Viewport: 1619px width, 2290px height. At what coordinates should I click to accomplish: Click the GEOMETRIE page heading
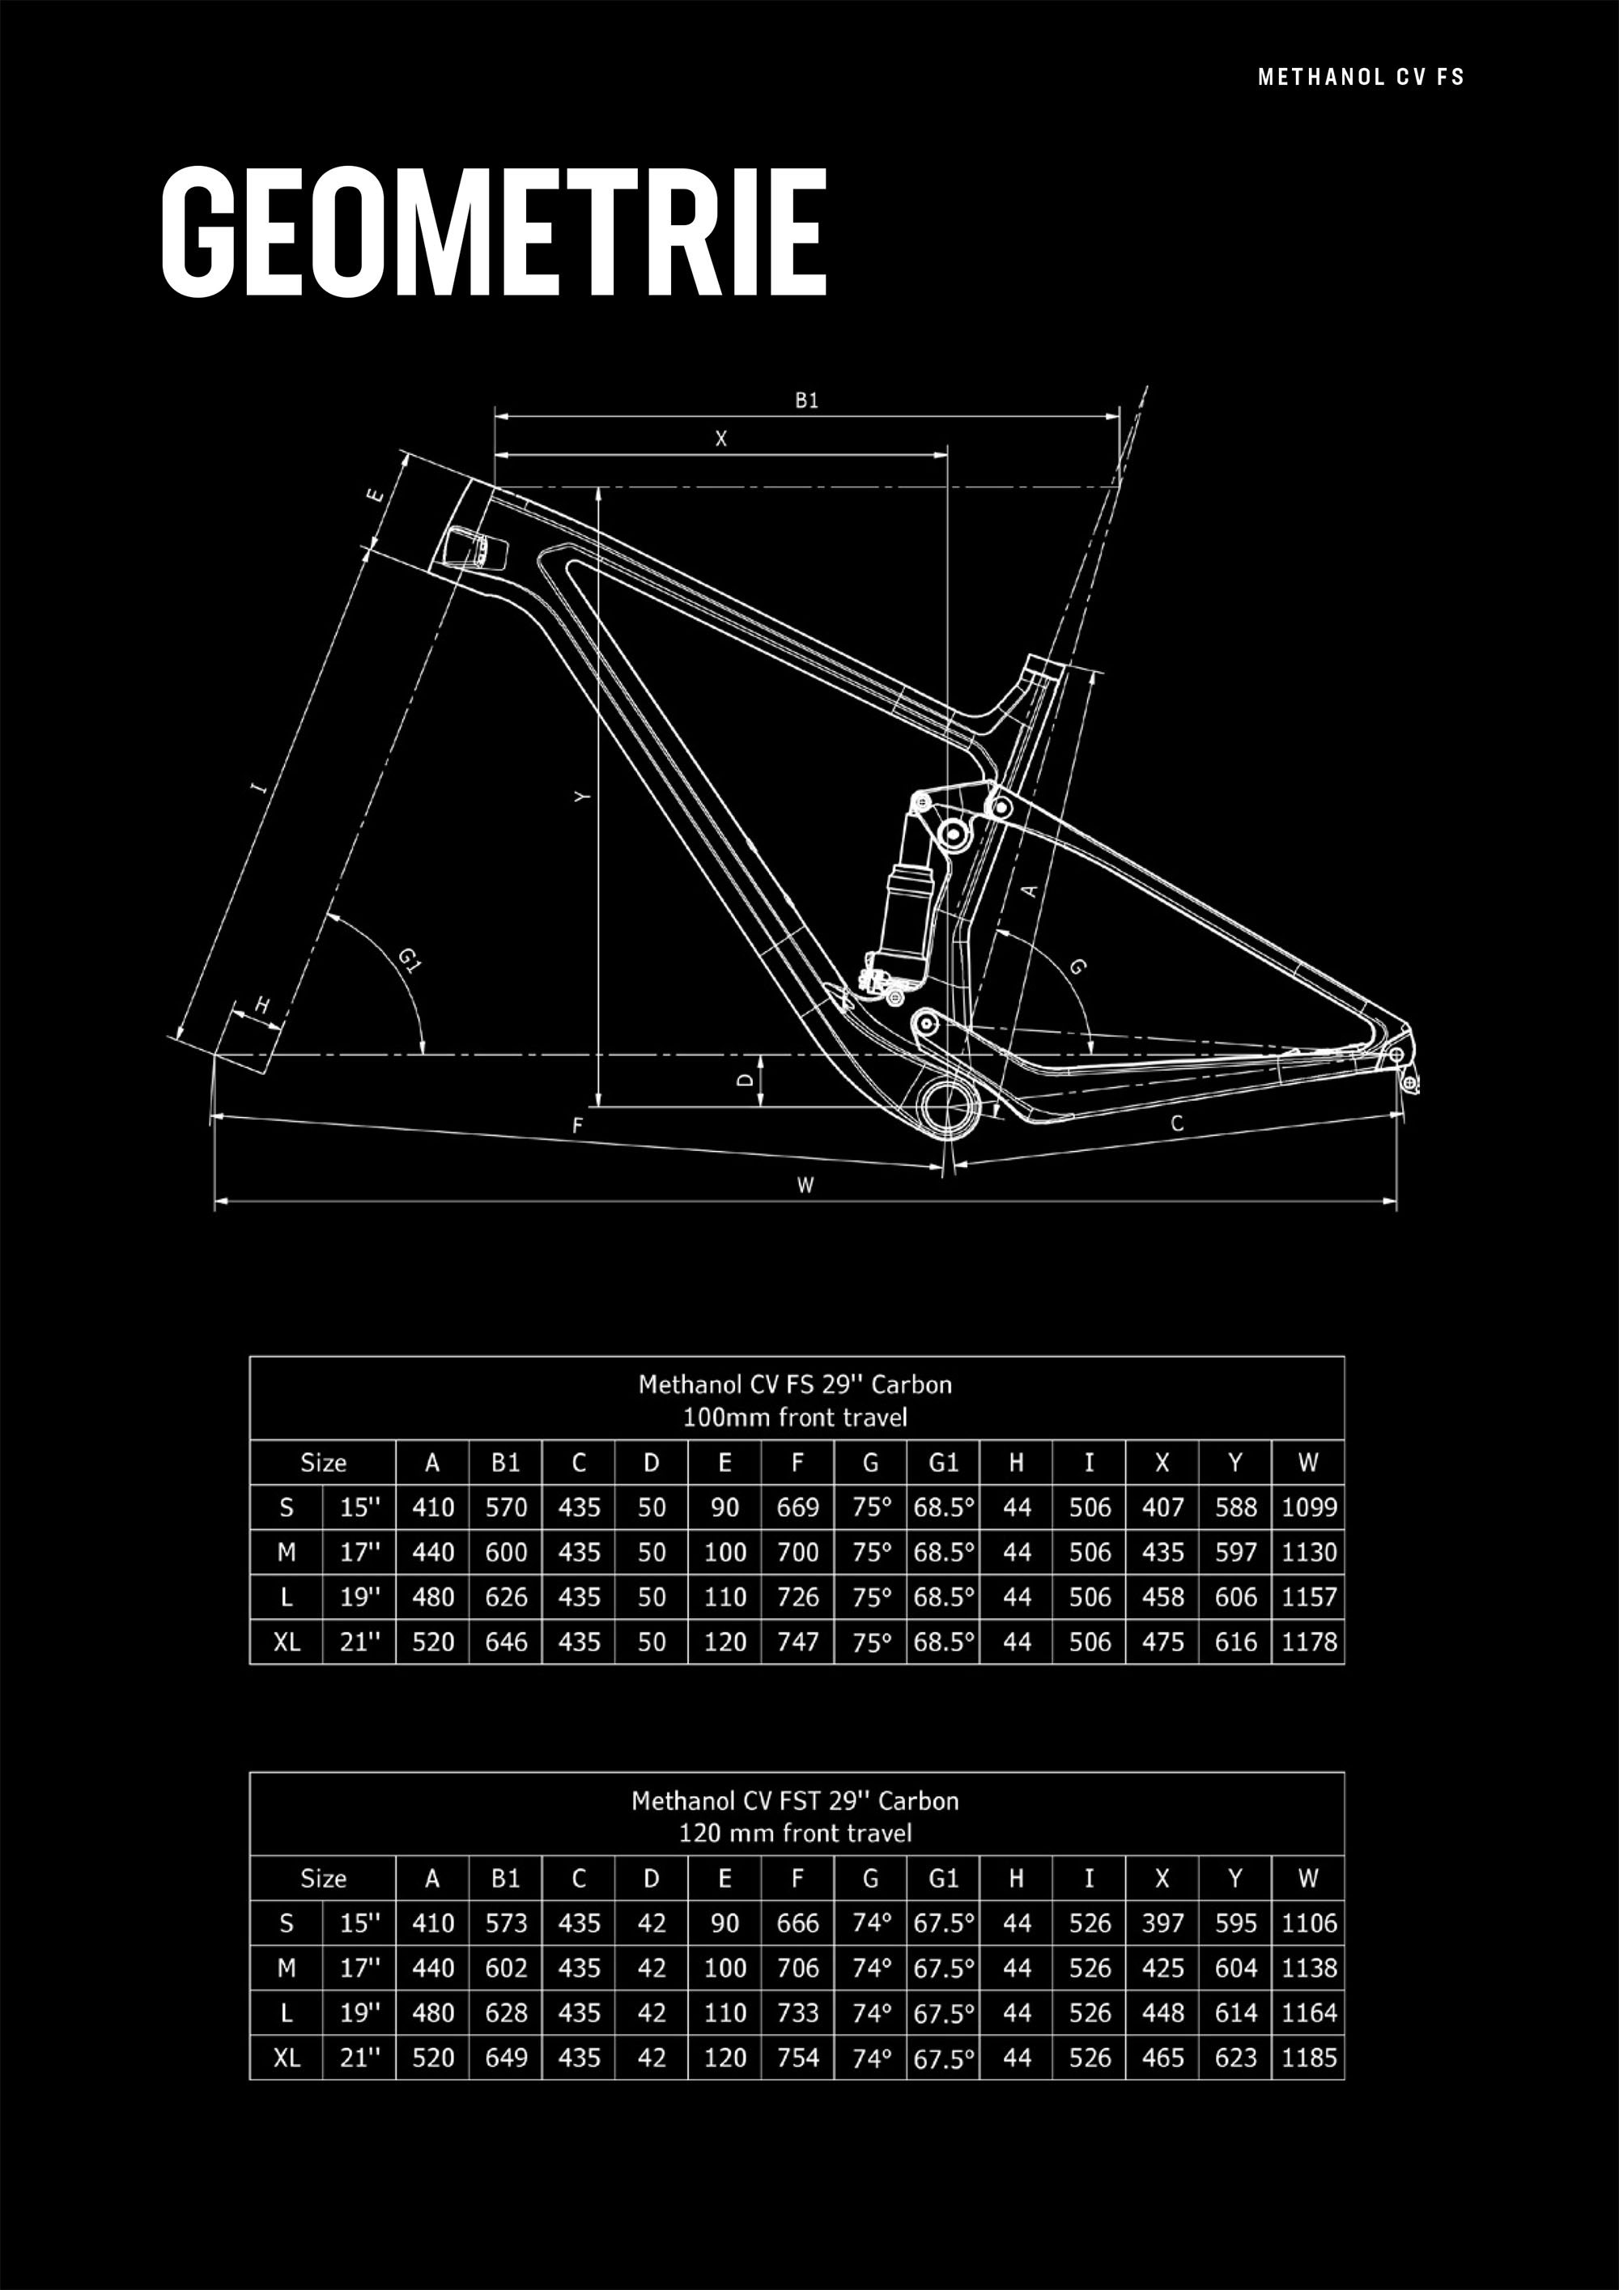pyautogui.click(x=494, y=232)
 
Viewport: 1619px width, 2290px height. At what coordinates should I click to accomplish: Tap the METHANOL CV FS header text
pyautogui.click(x=1361, y=78)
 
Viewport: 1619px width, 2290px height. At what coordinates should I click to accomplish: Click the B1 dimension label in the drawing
pyautogui.click(x=807, y=401)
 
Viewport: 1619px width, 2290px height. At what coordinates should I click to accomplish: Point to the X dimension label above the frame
pyautogui.click(x=721, y=439)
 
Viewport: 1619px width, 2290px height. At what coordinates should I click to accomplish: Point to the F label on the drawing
pyautogui.click(x=577, y=1126)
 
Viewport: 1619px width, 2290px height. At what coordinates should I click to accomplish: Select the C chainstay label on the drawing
pyautogui.click(x=1177, y=1124)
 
